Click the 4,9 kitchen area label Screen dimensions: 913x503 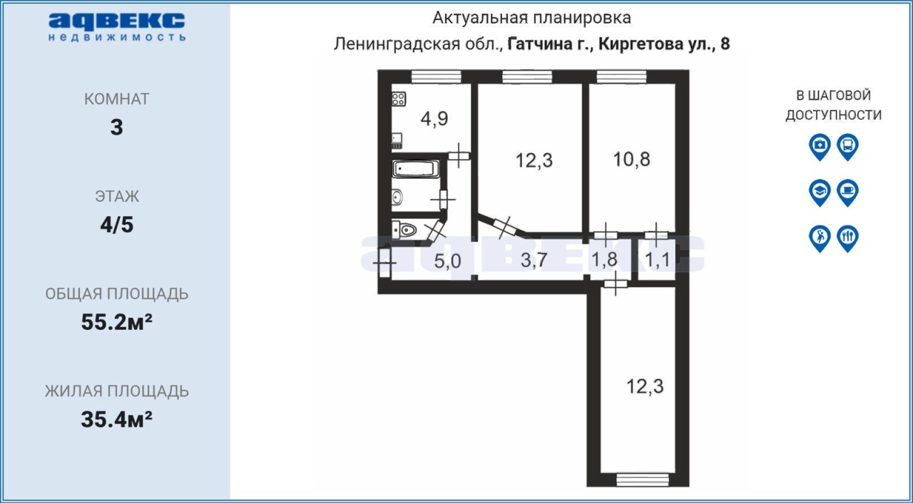point(434,119)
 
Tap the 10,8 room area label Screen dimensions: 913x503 point(631,159)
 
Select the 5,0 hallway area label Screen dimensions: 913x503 point(447,261)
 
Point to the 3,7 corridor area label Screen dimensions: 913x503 point(534,259)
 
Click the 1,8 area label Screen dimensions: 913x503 point(604,259)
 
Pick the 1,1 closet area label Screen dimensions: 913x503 point(657,259)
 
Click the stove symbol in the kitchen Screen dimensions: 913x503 point(399,99)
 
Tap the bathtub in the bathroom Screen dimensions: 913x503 point(416,169)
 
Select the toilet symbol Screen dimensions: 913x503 point(404,230)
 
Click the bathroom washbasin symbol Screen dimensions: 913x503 point(397,197)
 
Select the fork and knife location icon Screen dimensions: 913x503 point(848,239)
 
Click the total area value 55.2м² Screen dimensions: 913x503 point(116,322)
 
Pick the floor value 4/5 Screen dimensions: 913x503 point(117,224)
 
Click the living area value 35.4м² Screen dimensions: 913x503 point(116,419)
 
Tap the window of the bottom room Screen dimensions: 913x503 point(643,479)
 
